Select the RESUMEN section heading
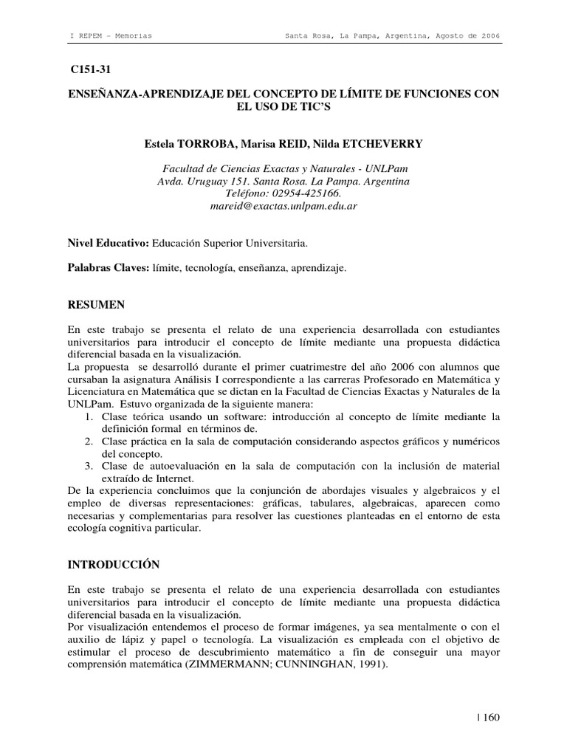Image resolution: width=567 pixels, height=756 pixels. tap(96, 304)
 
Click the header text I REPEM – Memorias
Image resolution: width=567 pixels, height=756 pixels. tap(110, 35)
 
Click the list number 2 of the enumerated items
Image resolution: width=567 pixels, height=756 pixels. tap(87, 441)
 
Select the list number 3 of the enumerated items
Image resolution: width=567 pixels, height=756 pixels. tap(87, 467)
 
